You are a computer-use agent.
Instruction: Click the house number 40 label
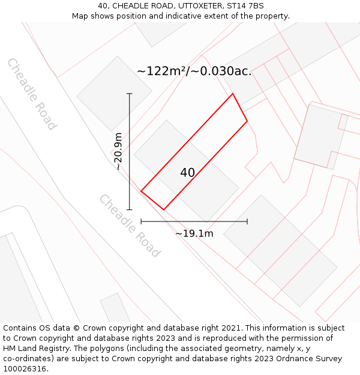point(187,173)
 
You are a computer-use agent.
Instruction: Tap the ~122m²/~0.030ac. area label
point(194,71)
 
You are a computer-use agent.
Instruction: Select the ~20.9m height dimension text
point(118,151)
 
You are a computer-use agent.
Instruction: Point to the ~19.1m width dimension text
point(194,233)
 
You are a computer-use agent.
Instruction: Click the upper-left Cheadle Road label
point(32,94)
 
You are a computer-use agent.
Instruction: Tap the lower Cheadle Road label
point(129,226)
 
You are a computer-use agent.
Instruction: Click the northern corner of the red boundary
point(232,94)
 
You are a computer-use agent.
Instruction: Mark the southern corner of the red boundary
point(163,210)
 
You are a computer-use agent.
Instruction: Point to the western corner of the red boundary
point(141,191)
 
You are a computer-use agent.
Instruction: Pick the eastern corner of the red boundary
point(247,121)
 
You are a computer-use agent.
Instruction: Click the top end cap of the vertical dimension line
point(130,94)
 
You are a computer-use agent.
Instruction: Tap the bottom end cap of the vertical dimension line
point(130,209)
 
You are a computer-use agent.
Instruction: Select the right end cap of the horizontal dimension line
point(247,221)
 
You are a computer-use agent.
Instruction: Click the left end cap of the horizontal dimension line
point(141,221)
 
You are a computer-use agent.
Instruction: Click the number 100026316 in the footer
point(25,369)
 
